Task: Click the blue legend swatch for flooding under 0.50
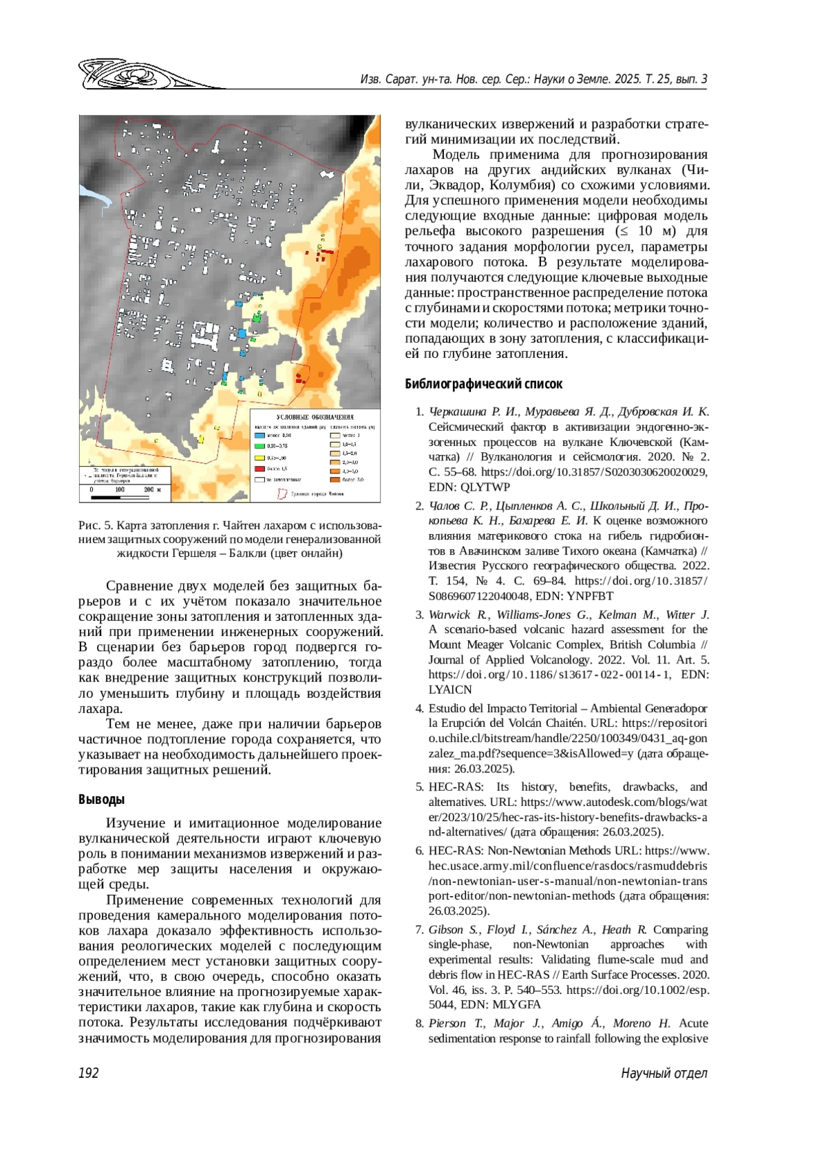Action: [260, 436]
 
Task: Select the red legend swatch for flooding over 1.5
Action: [260, 469]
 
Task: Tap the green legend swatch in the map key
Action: [260, 446]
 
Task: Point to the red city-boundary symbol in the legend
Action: [282, 493]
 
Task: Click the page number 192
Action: [89, 1073]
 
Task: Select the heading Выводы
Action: [101, 799]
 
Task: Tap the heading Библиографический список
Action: [483, 384]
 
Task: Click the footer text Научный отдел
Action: [664, 1073]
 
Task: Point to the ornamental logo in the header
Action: [138, 75]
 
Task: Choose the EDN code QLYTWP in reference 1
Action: [485, 487]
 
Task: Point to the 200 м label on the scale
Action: [152, 490]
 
